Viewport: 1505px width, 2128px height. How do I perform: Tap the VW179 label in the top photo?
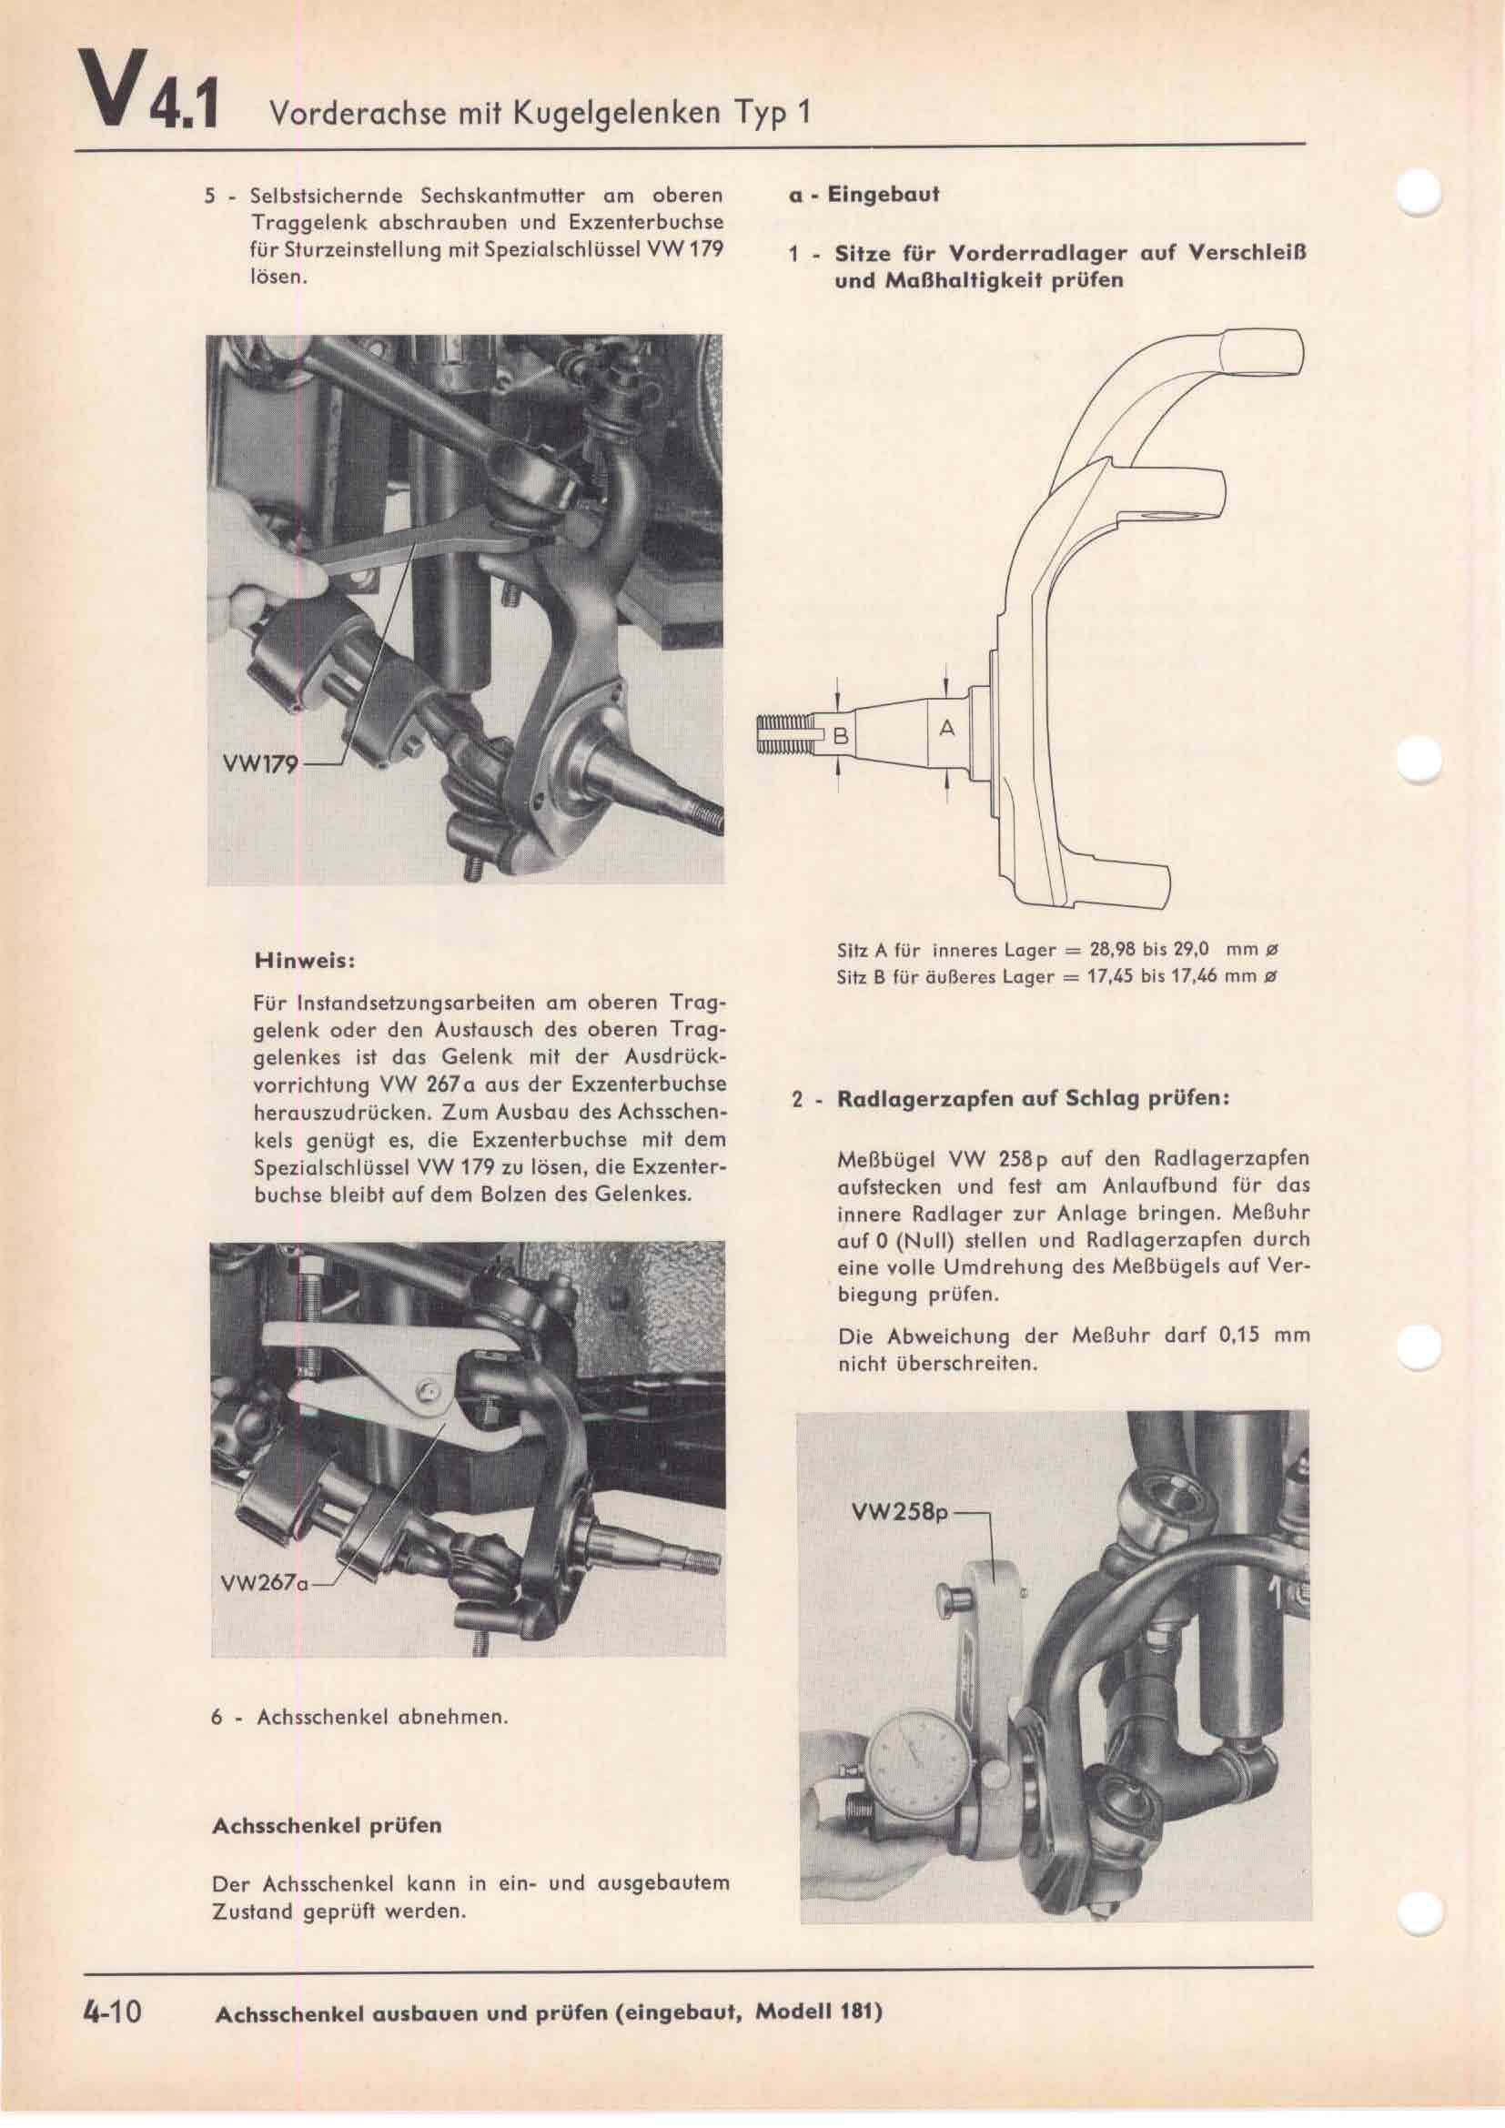(x=258, y=765)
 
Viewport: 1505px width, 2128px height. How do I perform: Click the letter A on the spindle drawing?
(x=946, y=730)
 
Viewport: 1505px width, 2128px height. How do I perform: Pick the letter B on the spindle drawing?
(x=841, y=737)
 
